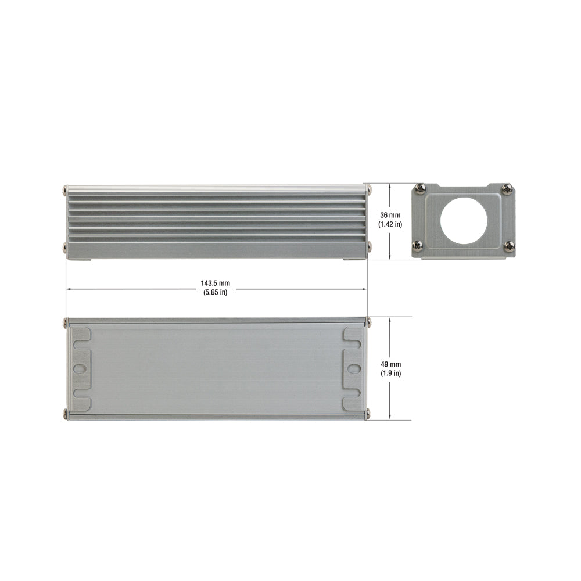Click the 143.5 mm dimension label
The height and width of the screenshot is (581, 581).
point(216,283)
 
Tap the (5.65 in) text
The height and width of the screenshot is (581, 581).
point(216,292)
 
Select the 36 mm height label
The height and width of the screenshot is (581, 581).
point(390,215)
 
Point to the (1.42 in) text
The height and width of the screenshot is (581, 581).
point(390,224)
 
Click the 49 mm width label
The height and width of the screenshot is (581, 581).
point(391,364)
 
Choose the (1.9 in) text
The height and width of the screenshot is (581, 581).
point(391,374)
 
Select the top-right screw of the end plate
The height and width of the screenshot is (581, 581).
point(506,189)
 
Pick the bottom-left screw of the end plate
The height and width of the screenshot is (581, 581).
point(417,244)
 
